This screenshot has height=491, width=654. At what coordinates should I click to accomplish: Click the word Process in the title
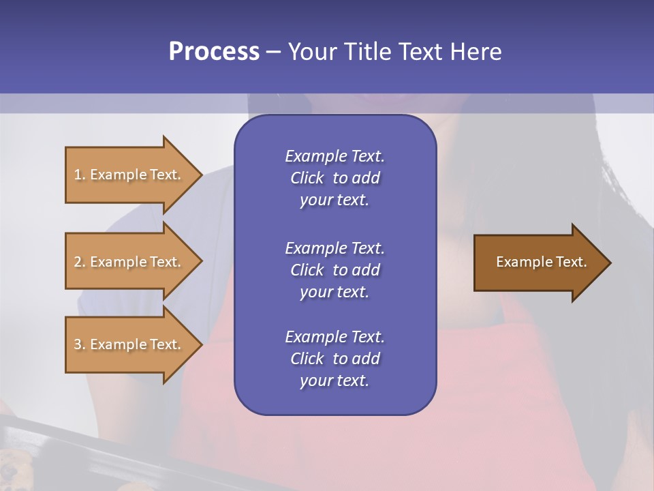214,52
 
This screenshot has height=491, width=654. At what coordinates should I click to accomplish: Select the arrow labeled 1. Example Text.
129,175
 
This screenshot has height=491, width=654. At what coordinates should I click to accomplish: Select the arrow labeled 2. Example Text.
129,262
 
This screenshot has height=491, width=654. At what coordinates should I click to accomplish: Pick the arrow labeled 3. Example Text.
129,344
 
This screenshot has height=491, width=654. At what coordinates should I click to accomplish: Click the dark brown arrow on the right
538,262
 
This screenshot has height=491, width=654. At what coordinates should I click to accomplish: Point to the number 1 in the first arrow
78,175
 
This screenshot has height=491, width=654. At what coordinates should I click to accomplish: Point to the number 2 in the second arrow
78,262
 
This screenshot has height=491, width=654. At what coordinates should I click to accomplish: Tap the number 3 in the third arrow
78,344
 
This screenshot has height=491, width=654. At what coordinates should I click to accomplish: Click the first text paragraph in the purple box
334,178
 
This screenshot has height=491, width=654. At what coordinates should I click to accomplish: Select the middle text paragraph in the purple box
334,270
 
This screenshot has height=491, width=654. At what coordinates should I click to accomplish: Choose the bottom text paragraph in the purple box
334,359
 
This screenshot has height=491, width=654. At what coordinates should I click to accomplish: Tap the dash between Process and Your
273,52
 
